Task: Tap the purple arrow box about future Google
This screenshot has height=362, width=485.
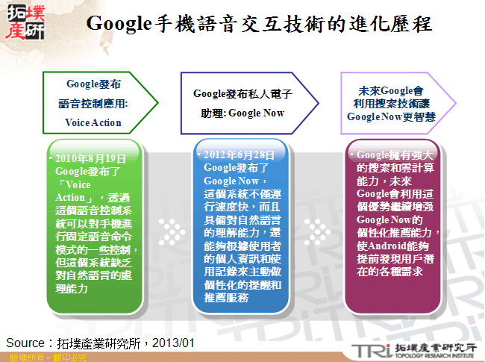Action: coord(391,103)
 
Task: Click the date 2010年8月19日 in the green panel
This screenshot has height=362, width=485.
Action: coord(85,160)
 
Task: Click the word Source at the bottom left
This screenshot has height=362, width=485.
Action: coord(25,343)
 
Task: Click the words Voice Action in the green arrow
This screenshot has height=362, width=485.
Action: coord(93,122)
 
